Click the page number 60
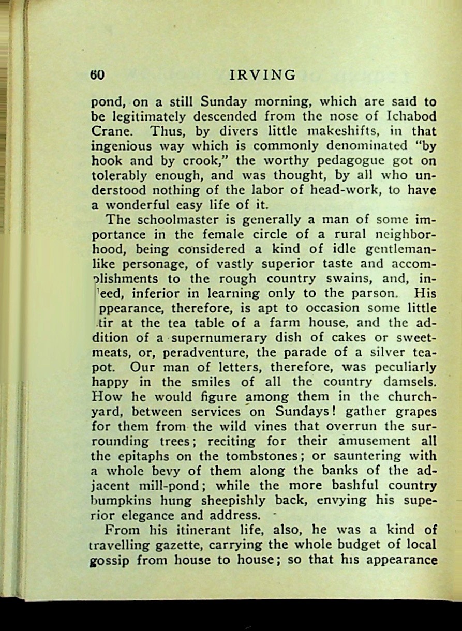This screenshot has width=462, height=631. pos(98,76)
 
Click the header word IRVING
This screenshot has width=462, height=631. pos(262,76)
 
